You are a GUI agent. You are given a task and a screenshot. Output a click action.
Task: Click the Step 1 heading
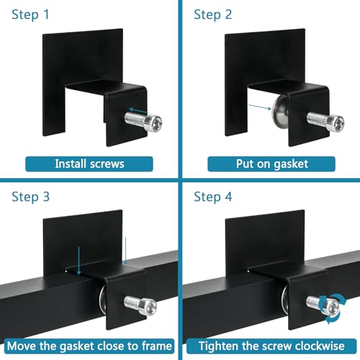coord(30,14)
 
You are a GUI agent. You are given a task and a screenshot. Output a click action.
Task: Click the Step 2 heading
coord(213,14)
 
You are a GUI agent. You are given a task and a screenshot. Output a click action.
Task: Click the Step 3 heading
coord(31,197)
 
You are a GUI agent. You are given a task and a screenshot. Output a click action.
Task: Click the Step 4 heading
coord(213,197)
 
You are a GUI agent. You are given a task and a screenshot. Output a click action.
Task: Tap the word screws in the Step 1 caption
coord(107,164)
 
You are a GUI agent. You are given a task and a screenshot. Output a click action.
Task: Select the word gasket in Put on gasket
coord(291,164)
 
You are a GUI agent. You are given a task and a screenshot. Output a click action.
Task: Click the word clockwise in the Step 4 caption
coord(320,346)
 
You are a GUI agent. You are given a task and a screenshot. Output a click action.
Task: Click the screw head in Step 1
coord(153,123)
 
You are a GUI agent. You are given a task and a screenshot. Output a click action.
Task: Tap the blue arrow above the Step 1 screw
coord(138,111)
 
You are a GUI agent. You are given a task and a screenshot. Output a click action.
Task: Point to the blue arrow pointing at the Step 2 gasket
coord(260,107)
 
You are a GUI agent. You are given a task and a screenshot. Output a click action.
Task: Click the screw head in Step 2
coord(336,123)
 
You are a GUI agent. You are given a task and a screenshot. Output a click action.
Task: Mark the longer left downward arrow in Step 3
coord(78,260)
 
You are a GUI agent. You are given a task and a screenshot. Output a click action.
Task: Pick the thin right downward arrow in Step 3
coord(125,251)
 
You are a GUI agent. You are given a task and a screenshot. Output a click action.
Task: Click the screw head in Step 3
coord(148,307)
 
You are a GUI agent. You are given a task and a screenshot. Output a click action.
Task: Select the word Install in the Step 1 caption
coord(71,164)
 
